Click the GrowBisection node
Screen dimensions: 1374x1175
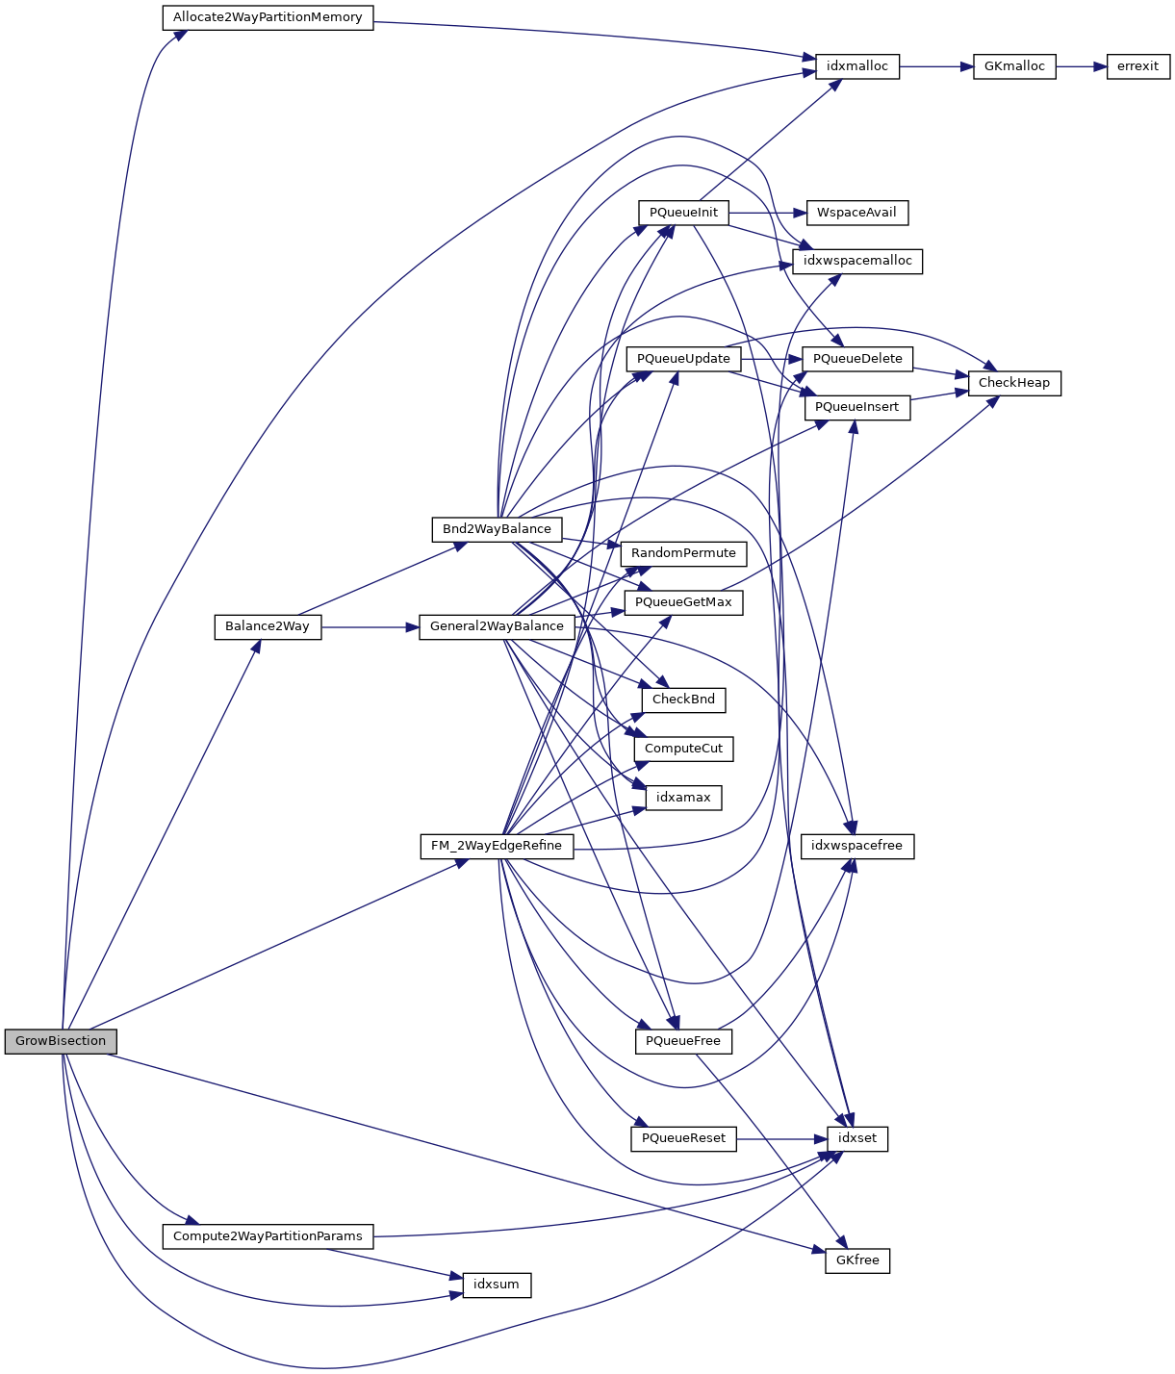pyautogui.click(x=61, y=1041)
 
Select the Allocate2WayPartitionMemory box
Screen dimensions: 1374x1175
pyautogui.click(x=268, y=17)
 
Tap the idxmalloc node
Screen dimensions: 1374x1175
pyautogui.click(x=857, y=66)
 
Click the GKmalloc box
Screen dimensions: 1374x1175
pyautogui.click(x=1014, y=66)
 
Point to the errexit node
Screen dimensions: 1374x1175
pyautogui.click(x=1138, y=66)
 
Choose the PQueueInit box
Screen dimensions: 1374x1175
pyautogui.click(x=683, y=213)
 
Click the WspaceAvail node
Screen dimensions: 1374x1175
pyautogui.click(x=856, y=213)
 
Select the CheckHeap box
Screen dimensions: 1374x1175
pyautogui.click(x=1014, y=383)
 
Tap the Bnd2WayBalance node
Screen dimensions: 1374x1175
pyautogui.click(x=497, y=529)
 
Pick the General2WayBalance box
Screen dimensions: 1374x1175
pyautogui.click(x=497, y=626)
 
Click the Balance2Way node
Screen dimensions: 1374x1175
pyautogui.click(x=268, y=626)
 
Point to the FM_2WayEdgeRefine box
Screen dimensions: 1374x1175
pyautogui.click(x=497, y=846)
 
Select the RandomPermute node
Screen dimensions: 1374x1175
pyautogui.click(x=683, y=553)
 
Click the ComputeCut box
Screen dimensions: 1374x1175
pyautogui.click(x=683, y=749)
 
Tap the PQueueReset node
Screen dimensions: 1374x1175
pyautogui.click(x=683, y=1138)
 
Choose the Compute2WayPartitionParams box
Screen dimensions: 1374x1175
pyautogui.click(x=268, y=1236)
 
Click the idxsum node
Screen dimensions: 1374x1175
pyautogui.click(x=497, y=1285)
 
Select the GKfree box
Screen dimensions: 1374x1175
pyautogui.click(x=857, y=1260)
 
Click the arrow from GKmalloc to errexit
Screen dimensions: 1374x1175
pyautogui.click(x=1082, y=66)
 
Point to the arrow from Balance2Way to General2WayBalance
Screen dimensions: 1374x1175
pyautogui.click(x=370, y=626)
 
